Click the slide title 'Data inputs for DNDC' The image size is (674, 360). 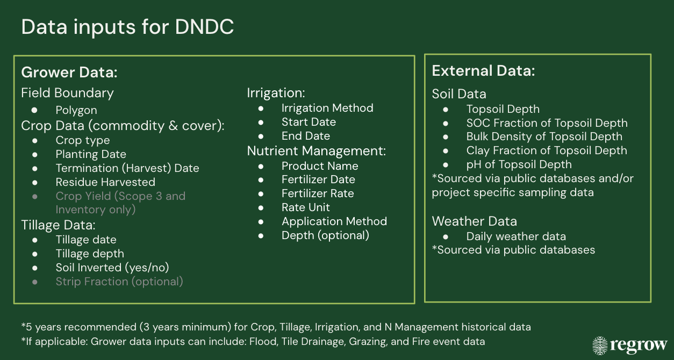click(x=127, y=27)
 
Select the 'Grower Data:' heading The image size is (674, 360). click(x=69, y=73)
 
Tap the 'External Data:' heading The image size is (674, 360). click(x=483, y=71)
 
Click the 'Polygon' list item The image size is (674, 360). click(x=76, y=110)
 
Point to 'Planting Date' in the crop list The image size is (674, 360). click(x=91, y=154)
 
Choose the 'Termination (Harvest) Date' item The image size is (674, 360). click(x=127, y=168)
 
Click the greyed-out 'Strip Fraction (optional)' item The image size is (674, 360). click(x=119, y=282)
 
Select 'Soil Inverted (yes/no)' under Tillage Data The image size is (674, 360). click(x=112, y=268)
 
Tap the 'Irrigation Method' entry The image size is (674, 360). click(x=327, y=108)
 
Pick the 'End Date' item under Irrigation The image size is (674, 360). click(x=306, y=136)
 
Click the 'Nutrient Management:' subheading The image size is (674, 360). click(x=316, y=151)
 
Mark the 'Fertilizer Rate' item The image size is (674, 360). click(x=318, y=193)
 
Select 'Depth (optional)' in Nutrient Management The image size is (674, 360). click(x=325, y=235)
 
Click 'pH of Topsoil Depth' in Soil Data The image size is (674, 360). click(x=519, y=164)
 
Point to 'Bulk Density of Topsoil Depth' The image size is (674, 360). click(x=544, y=136)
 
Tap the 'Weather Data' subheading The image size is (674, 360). click(x=475, y=221)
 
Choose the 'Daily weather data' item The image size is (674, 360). click(x=516, y=236)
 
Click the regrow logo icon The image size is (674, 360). click(x=600, y=345)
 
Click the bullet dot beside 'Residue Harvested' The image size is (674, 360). click(x=35, y=183)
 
